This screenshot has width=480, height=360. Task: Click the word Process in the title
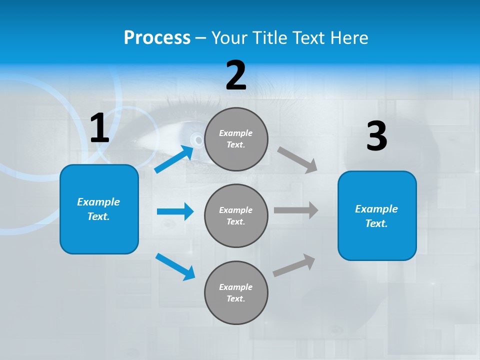(157, 38)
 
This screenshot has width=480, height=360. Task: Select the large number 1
(99, 128)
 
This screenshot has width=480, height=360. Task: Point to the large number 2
(236, 75)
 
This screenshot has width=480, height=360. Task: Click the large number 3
(376, 136)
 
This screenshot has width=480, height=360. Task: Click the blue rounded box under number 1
(99, 209)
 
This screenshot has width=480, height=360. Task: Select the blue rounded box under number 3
(377, 216)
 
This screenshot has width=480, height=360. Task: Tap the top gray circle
(236, 139)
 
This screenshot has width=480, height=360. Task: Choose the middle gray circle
(236, 215)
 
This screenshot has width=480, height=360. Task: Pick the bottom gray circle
(236, 292)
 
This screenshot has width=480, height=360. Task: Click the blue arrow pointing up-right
(174, 159)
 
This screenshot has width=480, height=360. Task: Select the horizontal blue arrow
(174, 211)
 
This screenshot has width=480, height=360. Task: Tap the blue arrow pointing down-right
(175, 266)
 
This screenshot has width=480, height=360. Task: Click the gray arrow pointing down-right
(297, 159)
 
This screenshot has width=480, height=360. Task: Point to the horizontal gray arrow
(295, 210)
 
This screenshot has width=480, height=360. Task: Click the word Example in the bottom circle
(236, 287)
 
